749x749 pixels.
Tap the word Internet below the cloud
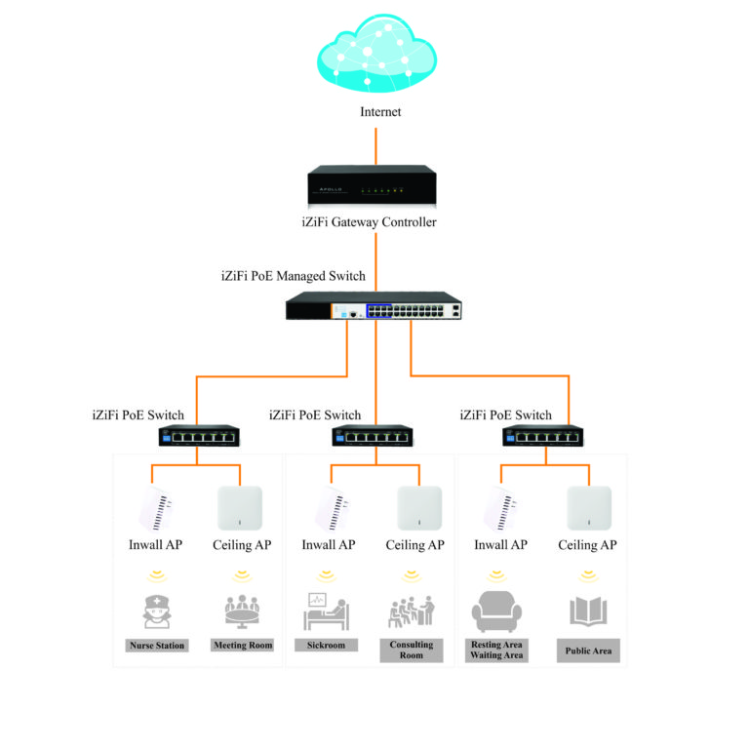[x=380, y=112]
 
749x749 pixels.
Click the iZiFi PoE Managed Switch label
[x=294, y=276]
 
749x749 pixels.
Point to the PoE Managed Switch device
[x=374, y=308]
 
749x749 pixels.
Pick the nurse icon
[x=156, y=610]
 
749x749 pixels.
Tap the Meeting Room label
[x=242, y=646]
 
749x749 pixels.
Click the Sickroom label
[x=327, y=646]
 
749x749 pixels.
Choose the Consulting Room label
[x=412, y=650]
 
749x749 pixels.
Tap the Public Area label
[x=589, y=650]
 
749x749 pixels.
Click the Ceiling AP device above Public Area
[x=589, y=507]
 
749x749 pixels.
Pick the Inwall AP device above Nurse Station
[x=156, y=508]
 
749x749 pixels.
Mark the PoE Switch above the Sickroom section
[x=374, y=435]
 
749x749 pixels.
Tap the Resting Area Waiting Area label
[x=497, y=650]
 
